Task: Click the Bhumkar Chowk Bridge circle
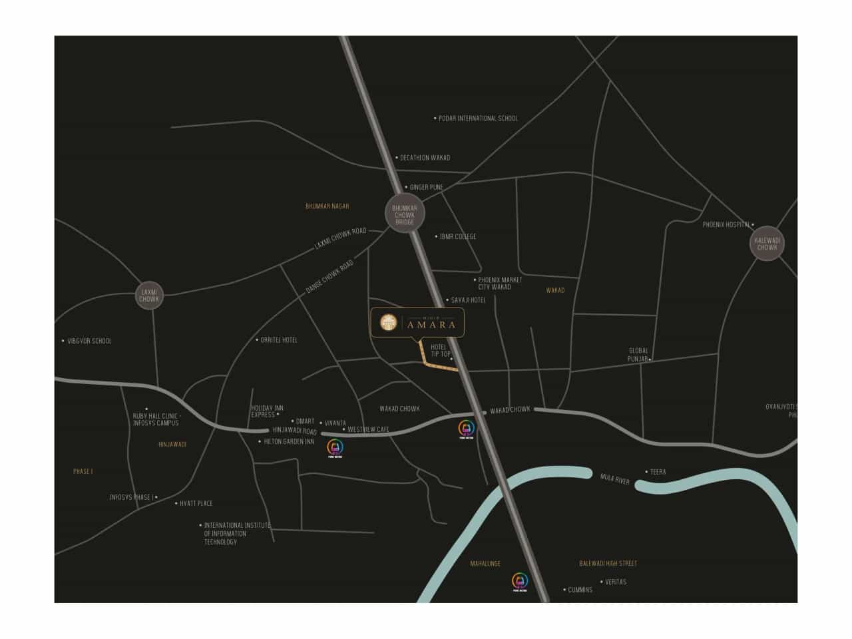[404, 214]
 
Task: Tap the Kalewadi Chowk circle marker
[767, 244]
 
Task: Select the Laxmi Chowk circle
[149, 296]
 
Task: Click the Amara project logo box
[417, 323]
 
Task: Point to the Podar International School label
[478, 118]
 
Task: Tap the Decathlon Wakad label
[425, 158]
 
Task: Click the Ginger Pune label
[426, 188]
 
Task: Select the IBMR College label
[458, 236]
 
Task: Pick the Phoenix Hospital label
[726, 225]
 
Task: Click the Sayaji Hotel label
[469, 300]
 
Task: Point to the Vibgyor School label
[90, 341]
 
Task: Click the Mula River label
[614, 479]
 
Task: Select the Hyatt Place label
[196, 504]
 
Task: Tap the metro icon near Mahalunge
[520, 581]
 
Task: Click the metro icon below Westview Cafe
[335, 447]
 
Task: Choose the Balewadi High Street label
[608, 564]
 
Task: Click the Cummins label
[580, 590]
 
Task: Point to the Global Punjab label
[638, 355]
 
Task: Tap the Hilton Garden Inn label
[289, 442]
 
